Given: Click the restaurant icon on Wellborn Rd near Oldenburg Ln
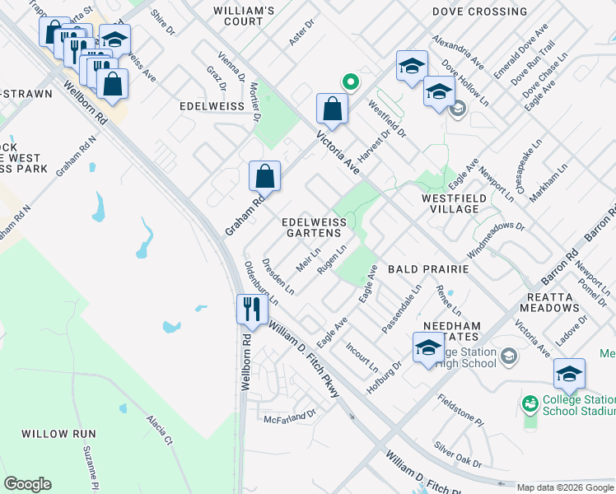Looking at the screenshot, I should point(250,309).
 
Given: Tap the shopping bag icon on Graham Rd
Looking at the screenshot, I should point(265,175).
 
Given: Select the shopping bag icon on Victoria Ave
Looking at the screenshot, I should point(331,108).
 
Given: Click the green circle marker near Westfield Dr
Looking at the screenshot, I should point(350,82).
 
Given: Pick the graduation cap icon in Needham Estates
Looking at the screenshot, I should point(428,347).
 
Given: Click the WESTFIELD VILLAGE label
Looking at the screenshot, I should point(450,203).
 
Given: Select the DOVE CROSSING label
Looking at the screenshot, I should point(479,12).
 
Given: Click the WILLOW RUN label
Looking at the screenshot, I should point(58,433).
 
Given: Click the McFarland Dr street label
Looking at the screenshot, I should point(290,418).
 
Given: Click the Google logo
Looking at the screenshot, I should point(27,483).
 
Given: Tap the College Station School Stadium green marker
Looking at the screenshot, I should point(529,403).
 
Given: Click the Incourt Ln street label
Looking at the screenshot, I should point(362,356).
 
